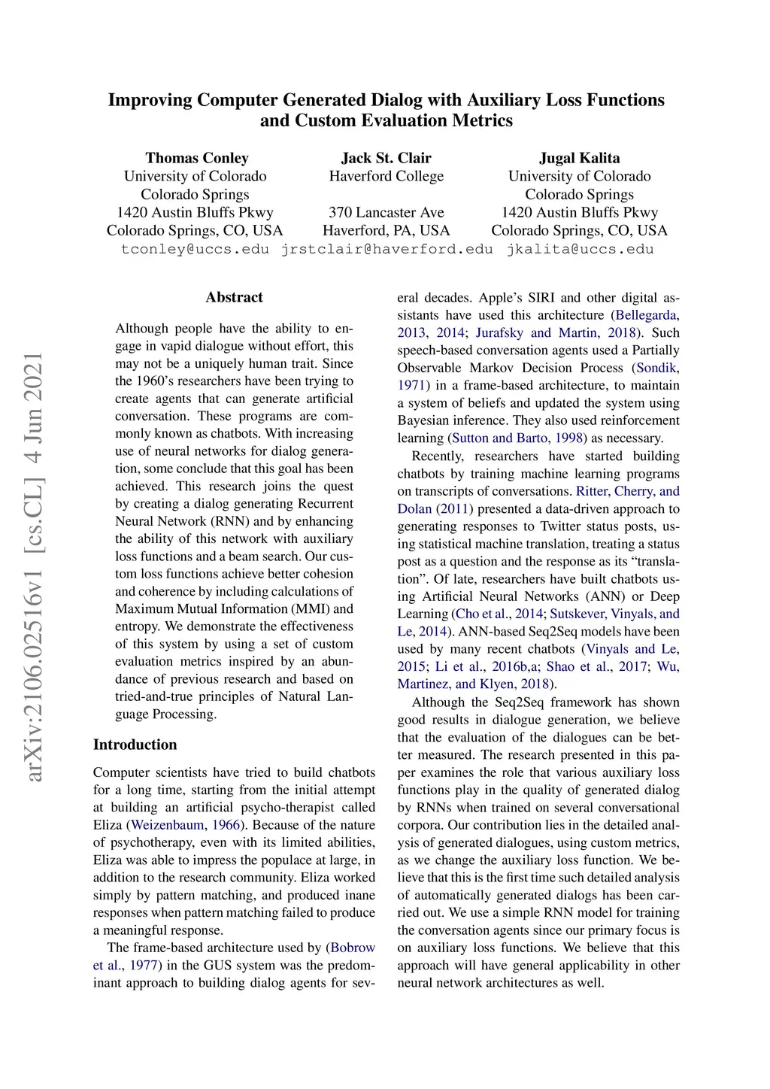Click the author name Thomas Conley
tap(196, 158)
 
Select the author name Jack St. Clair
tap(386, 158)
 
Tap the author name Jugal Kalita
tap(579, 158)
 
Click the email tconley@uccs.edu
tap(195, 249)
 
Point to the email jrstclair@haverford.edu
tap(387, 249)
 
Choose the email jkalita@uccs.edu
tap(580, 249)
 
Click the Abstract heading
tap(234, 297)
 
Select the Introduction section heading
tap(135, 745)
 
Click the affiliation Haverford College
tap(386, 176)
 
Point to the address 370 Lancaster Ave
tap(386, 212)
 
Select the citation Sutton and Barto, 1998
tap(519, 438)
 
